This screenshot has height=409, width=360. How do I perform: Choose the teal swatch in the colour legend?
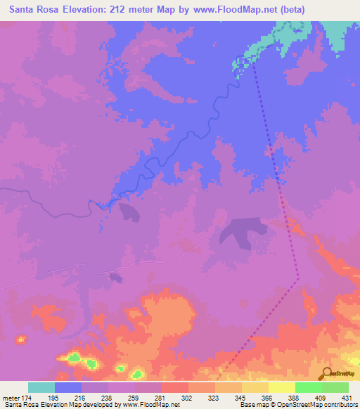41,387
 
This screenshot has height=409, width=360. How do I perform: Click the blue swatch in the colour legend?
68,387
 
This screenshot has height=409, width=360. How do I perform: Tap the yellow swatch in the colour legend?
282,387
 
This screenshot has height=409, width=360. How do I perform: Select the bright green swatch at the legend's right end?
335,387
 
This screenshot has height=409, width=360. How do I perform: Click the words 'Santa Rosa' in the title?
36,10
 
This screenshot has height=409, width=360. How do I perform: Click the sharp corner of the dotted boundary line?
300,278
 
